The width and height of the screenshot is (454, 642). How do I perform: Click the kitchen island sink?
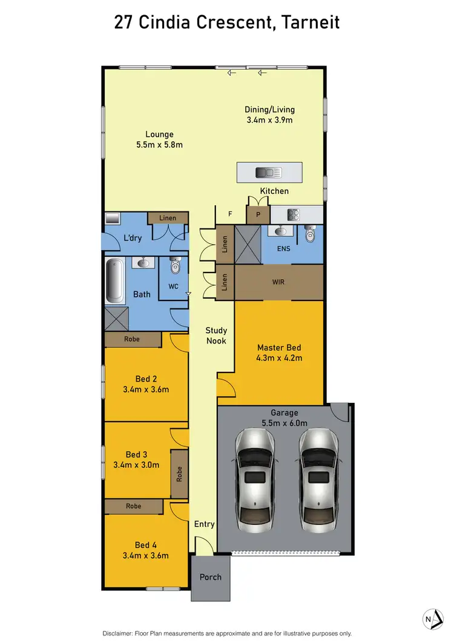point(269,173)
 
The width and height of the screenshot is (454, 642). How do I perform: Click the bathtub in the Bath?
point(114,281)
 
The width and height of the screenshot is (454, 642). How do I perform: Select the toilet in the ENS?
point(311,234)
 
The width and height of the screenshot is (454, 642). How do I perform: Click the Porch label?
point(211,577)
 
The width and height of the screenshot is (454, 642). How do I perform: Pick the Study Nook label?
point(216,335)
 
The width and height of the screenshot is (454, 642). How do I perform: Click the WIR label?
point(279,282)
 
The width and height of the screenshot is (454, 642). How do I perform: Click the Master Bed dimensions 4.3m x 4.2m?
point(279,358)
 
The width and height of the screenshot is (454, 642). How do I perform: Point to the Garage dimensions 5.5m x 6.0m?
point(285,423)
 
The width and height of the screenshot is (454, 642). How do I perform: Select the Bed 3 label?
point(137,454)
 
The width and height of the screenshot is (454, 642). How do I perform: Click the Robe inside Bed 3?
point(180,474)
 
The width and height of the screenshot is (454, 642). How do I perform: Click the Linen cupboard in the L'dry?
point(168,218)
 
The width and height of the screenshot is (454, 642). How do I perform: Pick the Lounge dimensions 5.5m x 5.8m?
point(159,145)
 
